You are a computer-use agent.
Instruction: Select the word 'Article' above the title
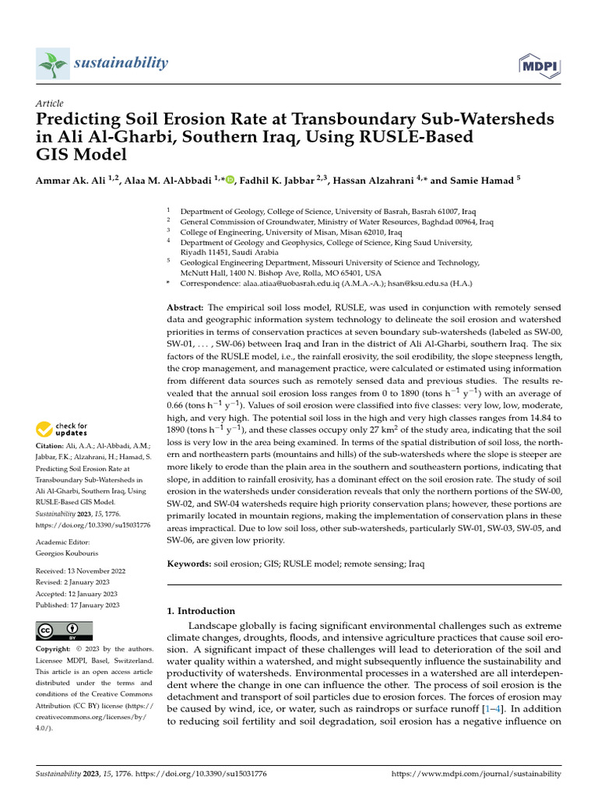[50, 104]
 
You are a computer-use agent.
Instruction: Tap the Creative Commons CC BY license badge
[65, 630]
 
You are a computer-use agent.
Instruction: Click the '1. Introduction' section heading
[201, 611]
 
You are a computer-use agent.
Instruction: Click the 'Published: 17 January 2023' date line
[78, 605]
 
